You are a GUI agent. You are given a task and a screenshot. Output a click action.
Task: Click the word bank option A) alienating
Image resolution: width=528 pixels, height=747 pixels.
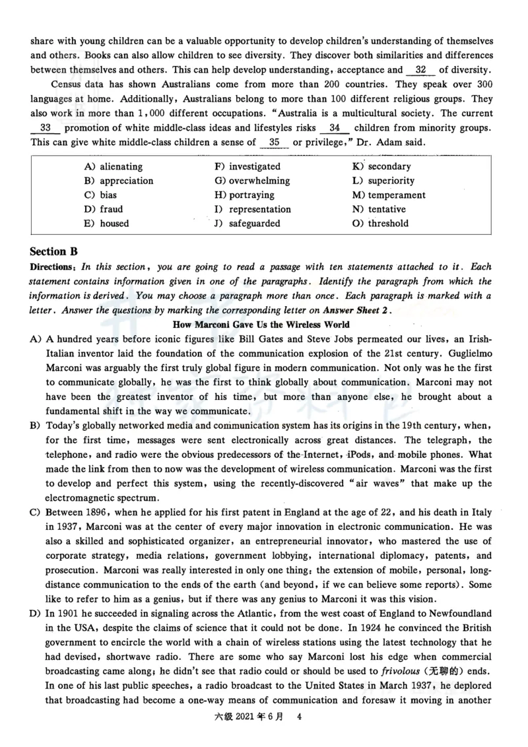point(113,167)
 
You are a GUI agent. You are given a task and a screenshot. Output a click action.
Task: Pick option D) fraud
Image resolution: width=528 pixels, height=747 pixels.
point(104,209)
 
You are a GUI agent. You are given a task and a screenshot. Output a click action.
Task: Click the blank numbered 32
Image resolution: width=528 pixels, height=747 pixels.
point(421,70)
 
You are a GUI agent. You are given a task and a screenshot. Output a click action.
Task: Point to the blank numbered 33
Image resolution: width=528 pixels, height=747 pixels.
point(46,127)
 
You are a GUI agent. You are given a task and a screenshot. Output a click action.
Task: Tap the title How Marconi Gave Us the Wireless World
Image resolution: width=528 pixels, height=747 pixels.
point(261,325)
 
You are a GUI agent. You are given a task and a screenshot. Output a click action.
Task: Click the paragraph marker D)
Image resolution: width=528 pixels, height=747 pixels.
point(36,614)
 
